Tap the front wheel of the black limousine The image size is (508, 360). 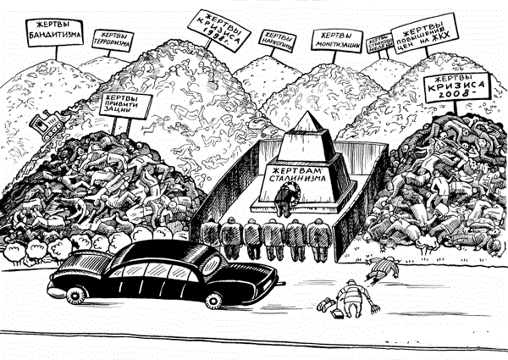[x=73, y=293]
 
